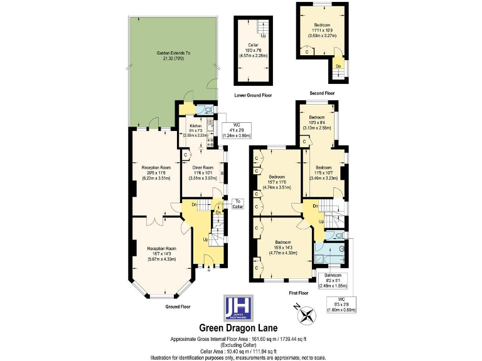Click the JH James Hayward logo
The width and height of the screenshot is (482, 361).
[241, 308]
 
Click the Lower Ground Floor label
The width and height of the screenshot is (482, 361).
[252, 96]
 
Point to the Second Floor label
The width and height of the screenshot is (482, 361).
[322, 93]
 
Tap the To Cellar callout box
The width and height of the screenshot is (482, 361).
[237, 204]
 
